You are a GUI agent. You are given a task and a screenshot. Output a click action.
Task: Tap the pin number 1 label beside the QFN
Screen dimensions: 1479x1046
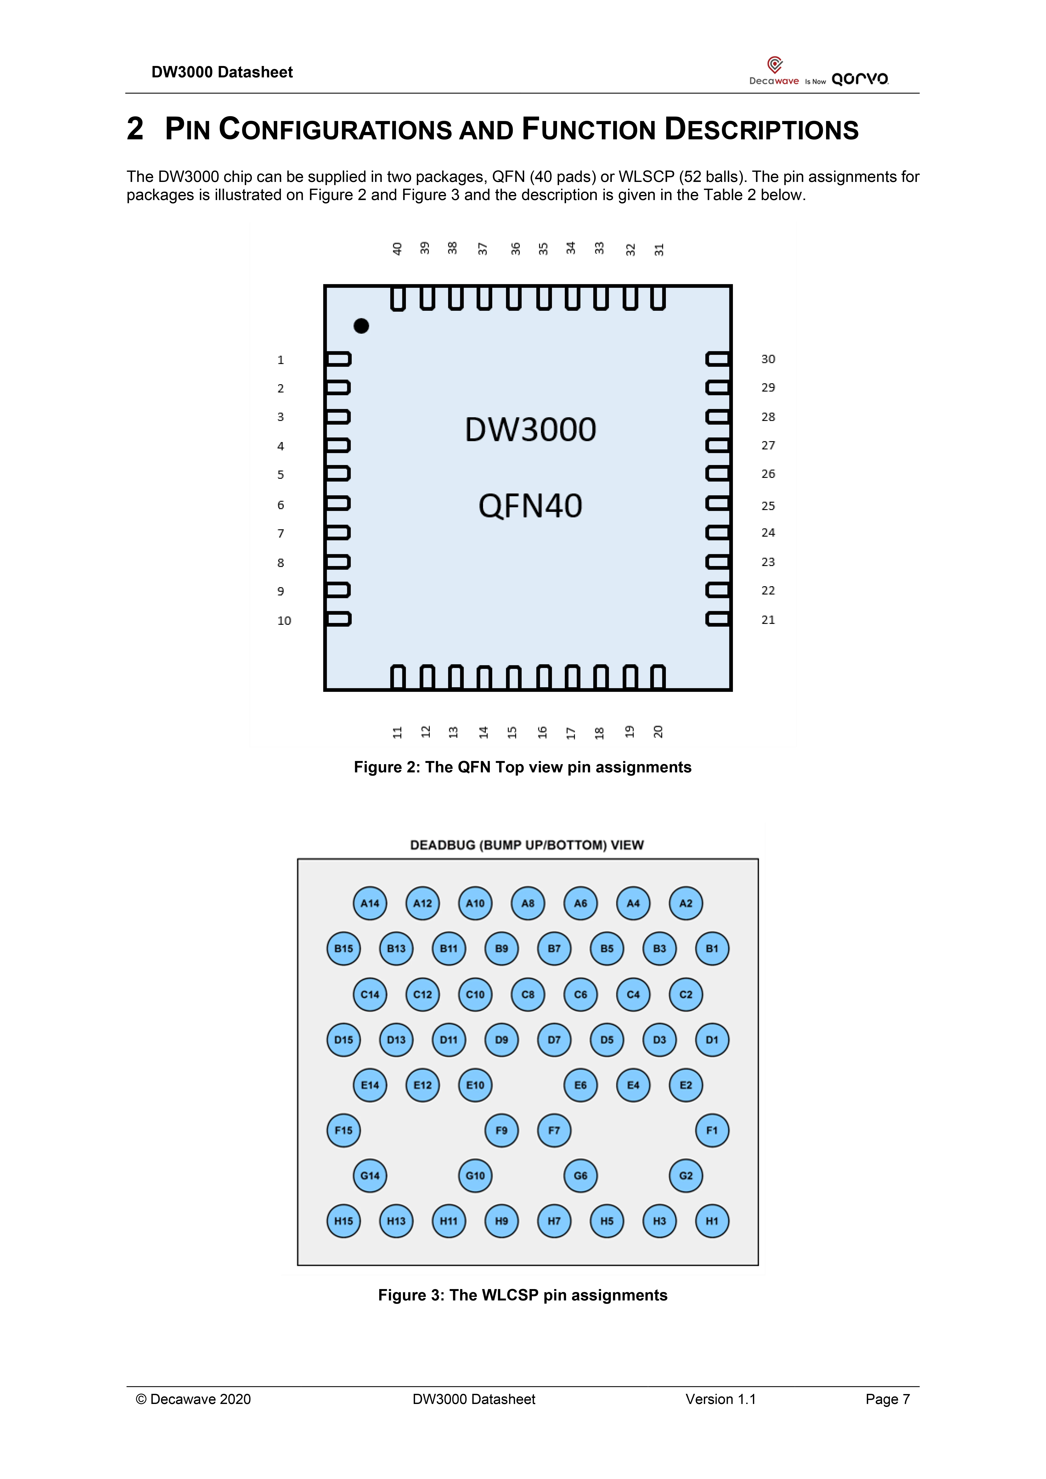(280, 360)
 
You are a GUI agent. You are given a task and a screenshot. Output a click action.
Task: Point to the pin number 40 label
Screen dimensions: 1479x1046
(397, 249)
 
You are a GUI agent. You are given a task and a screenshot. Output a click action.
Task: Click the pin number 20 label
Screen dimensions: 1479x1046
(657, 732)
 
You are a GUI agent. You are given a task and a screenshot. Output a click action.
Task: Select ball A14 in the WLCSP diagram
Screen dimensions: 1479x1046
(370, 903)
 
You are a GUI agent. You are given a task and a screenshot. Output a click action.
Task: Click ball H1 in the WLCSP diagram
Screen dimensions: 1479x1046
(712, 1221)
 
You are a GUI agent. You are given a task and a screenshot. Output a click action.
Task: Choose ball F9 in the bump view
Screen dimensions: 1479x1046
(501, 1130)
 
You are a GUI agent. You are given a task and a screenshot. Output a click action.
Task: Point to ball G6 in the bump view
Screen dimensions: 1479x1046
(580, 1176)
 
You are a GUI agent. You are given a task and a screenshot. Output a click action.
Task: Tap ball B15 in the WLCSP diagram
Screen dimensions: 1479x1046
(343, 948)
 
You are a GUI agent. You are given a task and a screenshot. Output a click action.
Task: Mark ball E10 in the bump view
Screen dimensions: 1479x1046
(475, 1085)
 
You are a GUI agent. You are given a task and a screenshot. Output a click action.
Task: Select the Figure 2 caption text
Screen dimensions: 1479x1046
(522, 767)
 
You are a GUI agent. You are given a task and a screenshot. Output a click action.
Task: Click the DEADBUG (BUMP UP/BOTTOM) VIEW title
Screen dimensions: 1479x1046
(526, 845)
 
